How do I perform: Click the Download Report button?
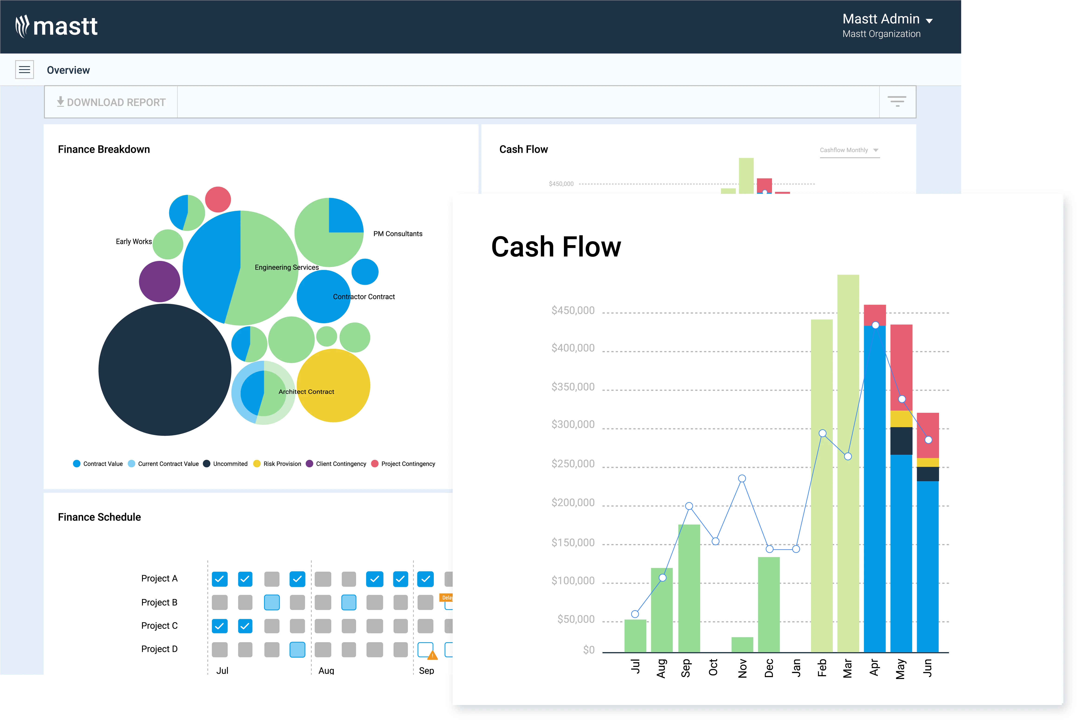(111, 102)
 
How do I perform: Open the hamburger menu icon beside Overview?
(25, 70)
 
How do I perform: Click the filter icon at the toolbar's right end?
(897, 102)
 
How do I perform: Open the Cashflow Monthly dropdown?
(850, 150)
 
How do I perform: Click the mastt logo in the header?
(56, 26)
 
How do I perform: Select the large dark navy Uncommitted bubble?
(165, 369)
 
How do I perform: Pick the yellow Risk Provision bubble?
(333, 386)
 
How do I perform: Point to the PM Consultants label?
(398, 234)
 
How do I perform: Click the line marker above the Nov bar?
(742, 478)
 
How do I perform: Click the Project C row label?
(159, 626)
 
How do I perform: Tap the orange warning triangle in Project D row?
(432, 655)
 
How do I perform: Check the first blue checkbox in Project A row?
(220, 579)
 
